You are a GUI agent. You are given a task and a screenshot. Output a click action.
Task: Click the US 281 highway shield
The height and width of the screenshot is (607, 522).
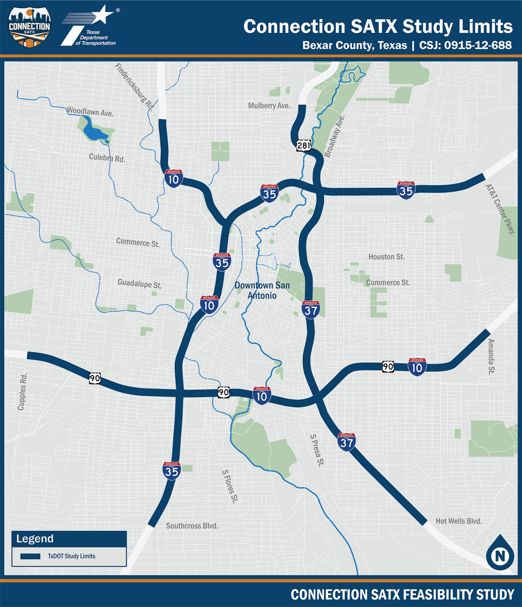pyautogui.click(x=303, y=145)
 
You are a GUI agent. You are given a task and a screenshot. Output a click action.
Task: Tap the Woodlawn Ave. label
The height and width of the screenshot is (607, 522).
pyautogui.click(x=90, y=111)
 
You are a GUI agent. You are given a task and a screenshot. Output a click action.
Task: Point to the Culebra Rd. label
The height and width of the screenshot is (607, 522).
pyautogui.click(x=107, y=158)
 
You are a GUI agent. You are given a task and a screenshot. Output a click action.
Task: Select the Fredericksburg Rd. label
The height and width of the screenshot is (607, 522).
pyautogui.click(x=134, y=87)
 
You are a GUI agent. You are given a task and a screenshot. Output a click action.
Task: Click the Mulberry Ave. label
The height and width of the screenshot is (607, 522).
pyautogui.click(x=269, y=106)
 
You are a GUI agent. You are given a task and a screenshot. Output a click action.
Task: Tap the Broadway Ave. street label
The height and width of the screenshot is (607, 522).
pyautogui.click(x=334, y=136)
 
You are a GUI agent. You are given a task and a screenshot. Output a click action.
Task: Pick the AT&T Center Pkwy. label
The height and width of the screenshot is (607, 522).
pyautogui.click(x=500, y=209)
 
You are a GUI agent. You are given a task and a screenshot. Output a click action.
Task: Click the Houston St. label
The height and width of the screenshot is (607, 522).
pyautogui.click(x=386, y=257)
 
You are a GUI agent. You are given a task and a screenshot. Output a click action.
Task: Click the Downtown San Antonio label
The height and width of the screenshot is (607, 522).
pyautogui.click(x=262, y=290)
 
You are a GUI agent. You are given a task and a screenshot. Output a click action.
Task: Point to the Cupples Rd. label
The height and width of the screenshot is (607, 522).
pyautogui.click(x=22, y=391)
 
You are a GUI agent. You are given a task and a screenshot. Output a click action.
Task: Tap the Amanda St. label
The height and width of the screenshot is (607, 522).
pyautogui.click(x=491, y=356)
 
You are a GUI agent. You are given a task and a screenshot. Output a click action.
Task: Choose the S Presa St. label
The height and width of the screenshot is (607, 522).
pyautogui.click(x=317, y=450)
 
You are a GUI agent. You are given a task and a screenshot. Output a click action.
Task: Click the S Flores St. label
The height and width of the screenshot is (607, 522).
pyautogui.click(x=230, y=486)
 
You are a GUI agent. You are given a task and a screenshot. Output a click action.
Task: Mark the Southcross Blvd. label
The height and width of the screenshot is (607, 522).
pyautogui.click(x=192, y=526)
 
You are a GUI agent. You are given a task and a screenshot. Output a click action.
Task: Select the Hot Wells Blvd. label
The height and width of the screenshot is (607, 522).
pyautogui.click(x=459, y=521)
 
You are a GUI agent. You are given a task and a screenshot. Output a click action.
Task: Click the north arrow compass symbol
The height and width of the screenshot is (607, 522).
pyautogui.click(x=500, y=553)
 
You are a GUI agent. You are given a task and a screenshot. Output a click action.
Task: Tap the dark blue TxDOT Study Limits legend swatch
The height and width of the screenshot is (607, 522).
pyautogui.click(x=30, y=556)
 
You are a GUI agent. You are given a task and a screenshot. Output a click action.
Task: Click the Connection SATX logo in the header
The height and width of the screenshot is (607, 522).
pyautogui.click(x=29, y=27)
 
